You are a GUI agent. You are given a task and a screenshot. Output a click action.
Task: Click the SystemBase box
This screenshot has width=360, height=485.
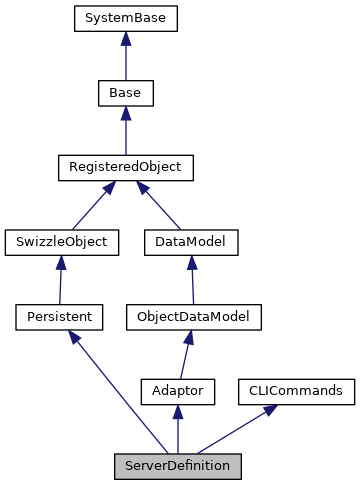[124, 18]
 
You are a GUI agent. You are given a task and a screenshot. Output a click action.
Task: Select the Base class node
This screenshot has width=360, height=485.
[124, 93]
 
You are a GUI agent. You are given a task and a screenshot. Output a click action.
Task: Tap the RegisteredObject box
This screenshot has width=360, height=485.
[124, 167]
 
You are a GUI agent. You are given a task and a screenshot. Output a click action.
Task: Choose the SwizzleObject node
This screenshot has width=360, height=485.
[62, 241]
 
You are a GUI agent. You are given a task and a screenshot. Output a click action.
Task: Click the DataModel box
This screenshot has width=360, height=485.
[191, 241]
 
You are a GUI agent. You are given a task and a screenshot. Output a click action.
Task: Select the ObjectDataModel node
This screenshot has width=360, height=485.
[193, 316]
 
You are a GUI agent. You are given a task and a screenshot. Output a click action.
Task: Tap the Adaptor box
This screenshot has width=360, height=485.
[177, 391]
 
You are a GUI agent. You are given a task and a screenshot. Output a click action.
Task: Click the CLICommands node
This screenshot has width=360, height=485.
[296, 391]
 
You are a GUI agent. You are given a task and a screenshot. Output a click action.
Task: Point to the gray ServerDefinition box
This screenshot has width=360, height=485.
[177, 465]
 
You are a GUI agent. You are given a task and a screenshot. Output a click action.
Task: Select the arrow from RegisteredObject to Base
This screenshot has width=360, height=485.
[124, 130]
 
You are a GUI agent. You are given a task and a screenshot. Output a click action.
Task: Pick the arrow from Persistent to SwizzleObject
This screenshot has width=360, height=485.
[61, 279]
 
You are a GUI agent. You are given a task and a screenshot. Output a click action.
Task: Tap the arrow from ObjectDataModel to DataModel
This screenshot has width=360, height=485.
[192, 279]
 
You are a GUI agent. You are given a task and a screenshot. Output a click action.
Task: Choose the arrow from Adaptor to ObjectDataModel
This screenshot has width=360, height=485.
[185, 354]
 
